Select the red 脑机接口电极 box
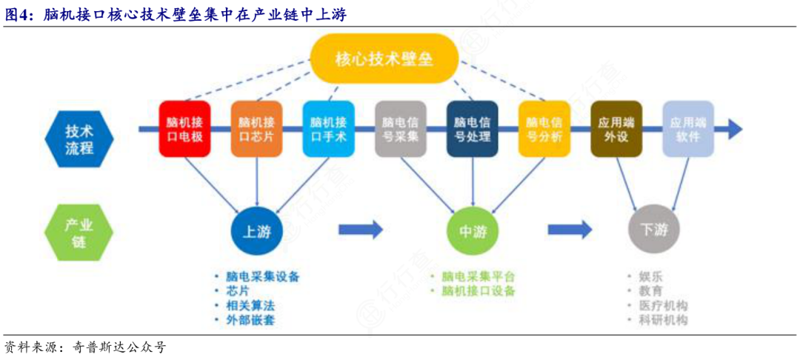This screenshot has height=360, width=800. click(x=184, y=129)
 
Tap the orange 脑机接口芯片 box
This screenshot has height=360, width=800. click(x=256, y=129)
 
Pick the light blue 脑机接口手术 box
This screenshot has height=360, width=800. click(x=328, y=129)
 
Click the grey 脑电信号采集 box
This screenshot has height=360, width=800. click(x=400, y=129)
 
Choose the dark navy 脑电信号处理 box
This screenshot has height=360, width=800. click(x=473, y=129)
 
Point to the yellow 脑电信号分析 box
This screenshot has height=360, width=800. click(x=544, y=129)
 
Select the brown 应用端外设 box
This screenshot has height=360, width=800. click(x=616, y=129)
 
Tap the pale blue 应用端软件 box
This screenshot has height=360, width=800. click(x=688, y=129)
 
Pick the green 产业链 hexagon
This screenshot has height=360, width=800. click(x=79, y=232)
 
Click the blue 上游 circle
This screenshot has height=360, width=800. click(x=256, y=232)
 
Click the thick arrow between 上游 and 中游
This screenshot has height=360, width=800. click(x=360, y=230)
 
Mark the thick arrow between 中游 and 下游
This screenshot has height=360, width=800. click(x=570, y=230)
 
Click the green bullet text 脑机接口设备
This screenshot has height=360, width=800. click(x=479, y=291)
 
